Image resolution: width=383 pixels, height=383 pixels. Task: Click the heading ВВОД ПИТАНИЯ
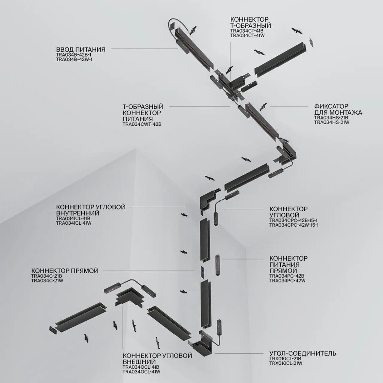tap(80, 49)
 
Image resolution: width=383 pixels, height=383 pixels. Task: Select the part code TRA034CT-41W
tap(247, 36)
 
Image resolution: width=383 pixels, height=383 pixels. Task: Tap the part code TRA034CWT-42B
tap(142, 124)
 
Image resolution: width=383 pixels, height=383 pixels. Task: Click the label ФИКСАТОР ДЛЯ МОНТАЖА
tap(338, 110)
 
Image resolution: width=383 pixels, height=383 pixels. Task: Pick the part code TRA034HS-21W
tap(332, 122)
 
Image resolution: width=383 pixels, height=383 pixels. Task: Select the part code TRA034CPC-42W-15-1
tap(294, 225)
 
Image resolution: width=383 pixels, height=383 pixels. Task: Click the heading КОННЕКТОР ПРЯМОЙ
tap(65, 271)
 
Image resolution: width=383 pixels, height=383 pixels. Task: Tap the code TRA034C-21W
tap(47, 281)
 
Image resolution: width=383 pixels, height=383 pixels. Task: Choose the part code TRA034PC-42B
tap(287, 276)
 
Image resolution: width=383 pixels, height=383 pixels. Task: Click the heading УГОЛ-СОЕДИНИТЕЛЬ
tap(303, 353)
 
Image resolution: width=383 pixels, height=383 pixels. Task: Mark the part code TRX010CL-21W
tap(285, 363)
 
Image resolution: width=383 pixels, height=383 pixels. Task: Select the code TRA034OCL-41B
tap(141, 367)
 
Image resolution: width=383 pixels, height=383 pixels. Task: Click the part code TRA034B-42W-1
tap(74, 60)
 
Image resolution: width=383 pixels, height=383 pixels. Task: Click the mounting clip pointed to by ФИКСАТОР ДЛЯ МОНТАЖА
tap(263, 106)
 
